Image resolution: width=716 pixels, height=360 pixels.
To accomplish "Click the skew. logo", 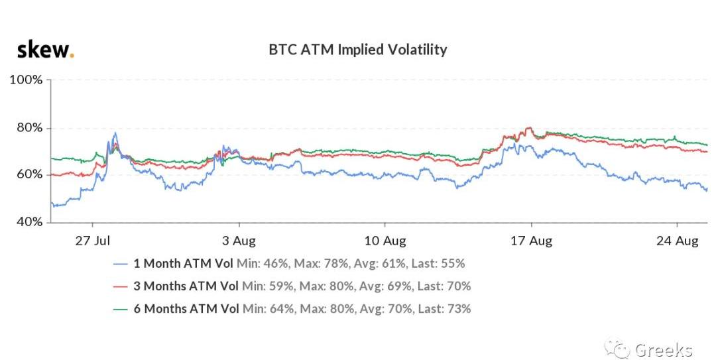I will coord(45,49).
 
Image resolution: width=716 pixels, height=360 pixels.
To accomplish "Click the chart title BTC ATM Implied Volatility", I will coord(357,50).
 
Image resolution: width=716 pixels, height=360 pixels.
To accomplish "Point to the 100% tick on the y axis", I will coord(26,80).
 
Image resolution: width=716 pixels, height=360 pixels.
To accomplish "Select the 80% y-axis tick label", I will coord(29,128).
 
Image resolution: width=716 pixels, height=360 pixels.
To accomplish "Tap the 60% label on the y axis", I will coord(29,174).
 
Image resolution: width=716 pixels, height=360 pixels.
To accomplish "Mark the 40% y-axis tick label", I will coord(29,221).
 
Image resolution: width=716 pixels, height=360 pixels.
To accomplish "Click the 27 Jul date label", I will coord(92,241).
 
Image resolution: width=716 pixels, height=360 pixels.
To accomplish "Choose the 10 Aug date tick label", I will coord(385,241).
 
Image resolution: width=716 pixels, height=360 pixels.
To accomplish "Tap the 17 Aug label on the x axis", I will coord(531,241).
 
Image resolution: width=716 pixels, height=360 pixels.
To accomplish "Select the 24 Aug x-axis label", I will coord(677,241).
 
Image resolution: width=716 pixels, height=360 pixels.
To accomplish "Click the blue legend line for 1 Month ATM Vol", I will coord(121,264).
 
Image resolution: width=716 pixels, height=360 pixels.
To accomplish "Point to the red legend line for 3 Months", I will coord(121,286).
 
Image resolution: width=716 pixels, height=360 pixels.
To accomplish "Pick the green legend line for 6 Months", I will coord(121,309).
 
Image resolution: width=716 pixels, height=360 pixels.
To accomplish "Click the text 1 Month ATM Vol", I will coord(183,263).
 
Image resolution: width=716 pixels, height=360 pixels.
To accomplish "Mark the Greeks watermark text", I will coord(663,349).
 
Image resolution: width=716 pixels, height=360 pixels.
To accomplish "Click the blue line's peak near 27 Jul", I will coord(115,133).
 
